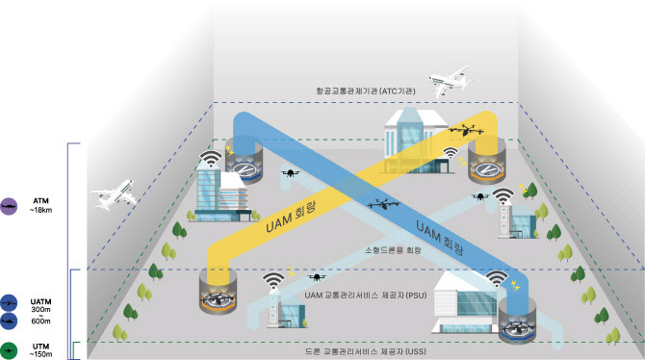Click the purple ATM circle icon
click(x=9, y=206)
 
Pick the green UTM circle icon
click(x=9, y=349)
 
